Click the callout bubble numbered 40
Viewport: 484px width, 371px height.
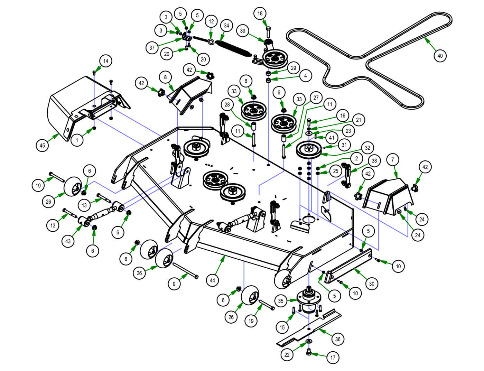click(x=440, y=55)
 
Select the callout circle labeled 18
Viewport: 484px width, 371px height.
click(x=260, y=14)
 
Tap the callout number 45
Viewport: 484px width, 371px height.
click(x=42, y=146)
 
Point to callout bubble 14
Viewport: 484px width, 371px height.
click(x=106, y=61)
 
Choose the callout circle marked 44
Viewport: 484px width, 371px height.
click(x=212, y=280)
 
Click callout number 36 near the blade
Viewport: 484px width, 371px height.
click(x=338, y=339)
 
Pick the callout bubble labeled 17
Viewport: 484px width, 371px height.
click(x=333, y=358)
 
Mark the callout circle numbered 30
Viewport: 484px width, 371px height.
click(x=372, y=284)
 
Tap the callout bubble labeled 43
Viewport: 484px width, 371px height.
click(x=68, y=241)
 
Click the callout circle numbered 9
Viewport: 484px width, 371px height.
click(x=174, y=284)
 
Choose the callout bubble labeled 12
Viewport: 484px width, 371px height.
click(x=211, y=21)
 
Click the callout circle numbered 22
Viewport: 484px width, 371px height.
click(x=287, y=355)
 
